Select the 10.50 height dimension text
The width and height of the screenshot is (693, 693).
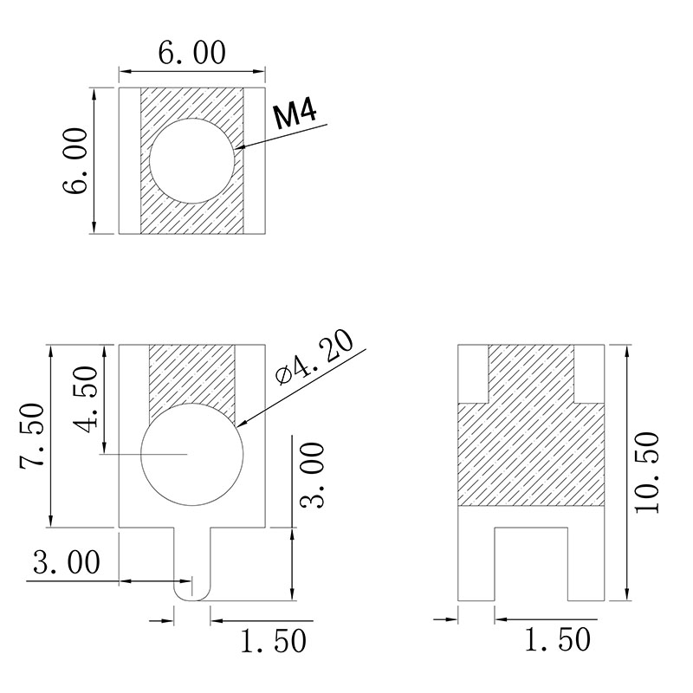[647, 473]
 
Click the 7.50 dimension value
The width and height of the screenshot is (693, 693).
[32, 437]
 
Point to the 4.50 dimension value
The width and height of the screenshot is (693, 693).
[85, 399]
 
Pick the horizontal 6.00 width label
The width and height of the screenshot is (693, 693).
[191, 53]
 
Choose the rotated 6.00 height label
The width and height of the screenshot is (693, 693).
[74, 161]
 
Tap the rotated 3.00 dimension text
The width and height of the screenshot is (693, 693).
[312, 476]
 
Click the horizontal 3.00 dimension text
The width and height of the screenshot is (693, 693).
[67, 562]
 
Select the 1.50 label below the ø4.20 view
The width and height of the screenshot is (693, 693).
[274, 641]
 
